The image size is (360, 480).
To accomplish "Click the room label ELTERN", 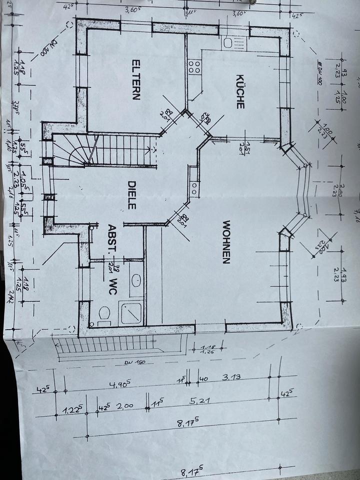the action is tap(135, 80).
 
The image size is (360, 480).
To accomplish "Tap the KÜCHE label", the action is tap(240, 91).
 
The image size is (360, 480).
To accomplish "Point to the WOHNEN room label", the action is tap(226, 242).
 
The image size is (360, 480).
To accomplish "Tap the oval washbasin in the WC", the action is tap(135, 279).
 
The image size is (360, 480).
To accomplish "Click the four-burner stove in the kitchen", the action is tap(194, 67).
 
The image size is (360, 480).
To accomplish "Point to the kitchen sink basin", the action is tap(228, 43).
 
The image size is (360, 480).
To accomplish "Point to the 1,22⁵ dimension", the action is tap(72, 410).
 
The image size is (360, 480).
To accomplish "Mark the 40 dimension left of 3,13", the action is tap(204, 378).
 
